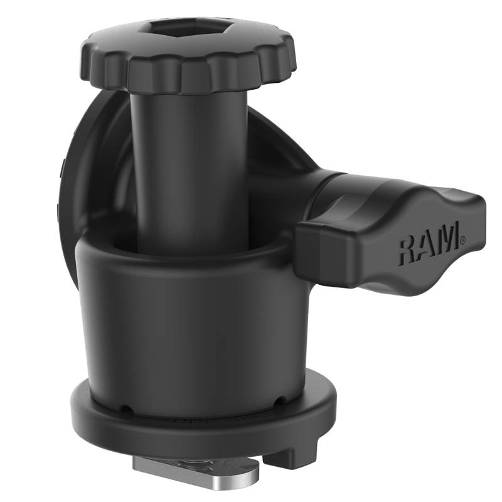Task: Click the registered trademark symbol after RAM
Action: pyautogui.click(x=463, y=238)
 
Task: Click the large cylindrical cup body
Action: pyautogui.click(x=182, y=326)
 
